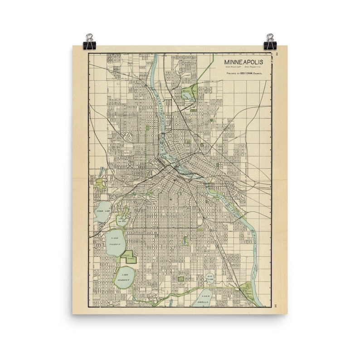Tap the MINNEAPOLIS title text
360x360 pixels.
tap(242, 61)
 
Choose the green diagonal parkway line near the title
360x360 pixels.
tap(205, 68)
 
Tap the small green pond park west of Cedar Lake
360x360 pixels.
tap(100, 184)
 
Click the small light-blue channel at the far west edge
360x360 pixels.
tap(101, 172)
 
